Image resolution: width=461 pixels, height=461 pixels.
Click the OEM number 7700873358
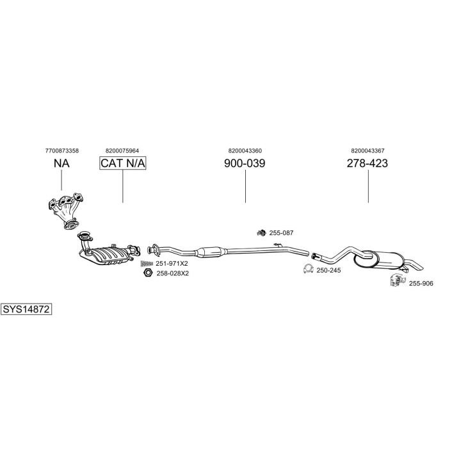62,150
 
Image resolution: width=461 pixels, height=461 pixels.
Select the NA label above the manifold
61,163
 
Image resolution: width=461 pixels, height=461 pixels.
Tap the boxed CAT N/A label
123,163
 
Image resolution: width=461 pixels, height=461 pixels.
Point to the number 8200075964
123,150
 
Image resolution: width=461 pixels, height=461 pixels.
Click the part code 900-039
245,163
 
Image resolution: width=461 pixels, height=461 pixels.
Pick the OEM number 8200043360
245,150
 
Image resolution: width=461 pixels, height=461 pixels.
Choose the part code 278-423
368,163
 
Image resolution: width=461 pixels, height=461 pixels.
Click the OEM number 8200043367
368,150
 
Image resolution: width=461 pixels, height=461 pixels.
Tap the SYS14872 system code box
26,309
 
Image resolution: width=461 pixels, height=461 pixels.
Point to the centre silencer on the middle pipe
211,252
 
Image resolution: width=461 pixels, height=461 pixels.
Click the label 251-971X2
172,263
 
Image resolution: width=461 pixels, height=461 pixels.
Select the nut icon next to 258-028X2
146,273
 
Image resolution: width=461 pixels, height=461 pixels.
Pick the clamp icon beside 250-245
308,270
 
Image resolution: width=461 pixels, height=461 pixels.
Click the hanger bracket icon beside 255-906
398,280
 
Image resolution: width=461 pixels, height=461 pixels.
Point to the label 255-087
282,233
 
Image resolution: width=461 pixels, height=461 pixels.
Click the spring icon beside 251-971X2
146,263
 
